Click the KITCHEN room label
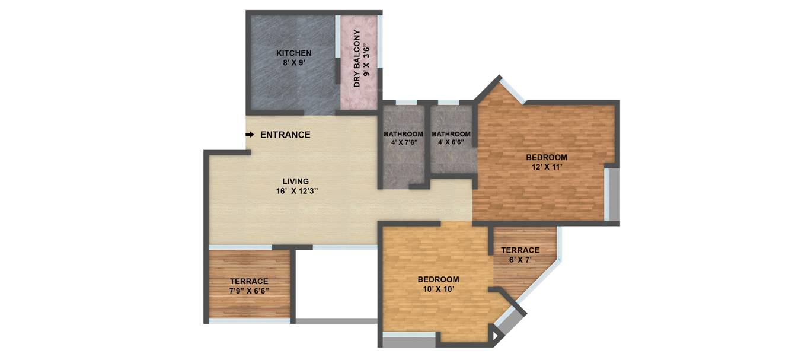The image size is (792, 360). (293, 53)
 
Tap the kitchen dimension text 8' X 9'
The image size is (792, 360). (293, 62)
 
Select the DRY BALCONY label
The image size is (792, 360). (357, 58)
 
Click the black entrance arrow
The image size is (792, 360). (250, 135)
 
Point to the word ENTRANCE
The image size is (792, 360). (285, 135)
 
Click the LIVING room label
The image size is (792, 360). (295, 181)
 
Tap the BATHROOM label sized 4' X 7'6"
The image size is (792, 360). (403, 134)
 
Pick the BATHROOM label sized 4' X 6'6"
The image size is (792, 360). (451, 134)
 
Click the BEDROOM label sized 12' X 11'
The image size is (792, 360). (547, 157)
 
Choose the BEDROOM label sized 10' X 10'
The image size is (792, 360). (438, 279)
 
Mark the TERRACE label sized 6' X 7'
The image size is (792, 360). (520, 250)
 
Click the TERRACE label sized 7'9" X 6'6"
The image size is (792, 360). (249, 281)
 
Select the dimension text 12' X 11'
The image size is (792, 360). (547, 167)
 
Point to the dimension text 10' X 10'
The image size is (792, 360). (438, 289)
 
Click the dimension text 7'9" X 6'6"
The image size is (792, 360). (249, 291)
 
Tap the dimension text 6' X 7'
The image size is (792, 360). (520, 260)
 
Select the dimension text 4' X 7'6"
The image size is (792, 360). (403, 142)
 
